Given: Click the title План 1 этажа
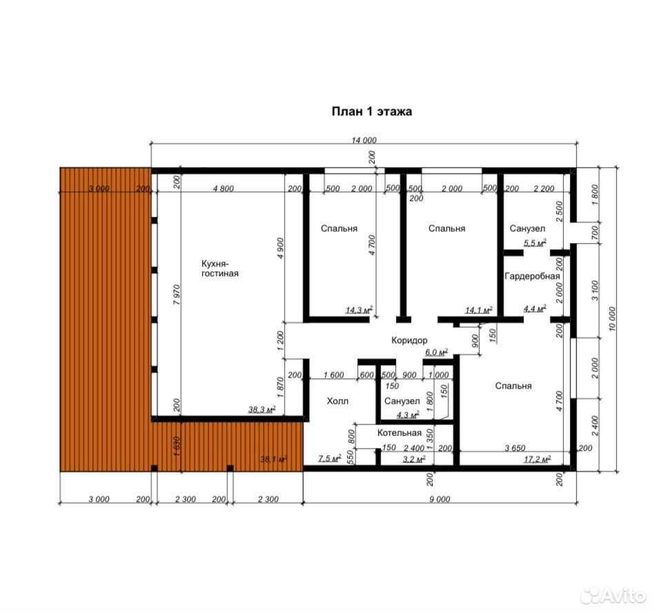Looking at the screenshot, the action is coord(372,111).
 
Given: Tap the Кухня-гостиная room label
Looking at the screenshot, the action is coord(220,269).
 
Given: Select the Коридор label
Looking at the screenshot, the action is coord(409,340).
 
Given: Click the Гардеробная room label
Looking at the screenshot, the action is coord(532,276).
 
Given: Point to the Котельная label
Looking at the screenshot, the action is coord(399,433).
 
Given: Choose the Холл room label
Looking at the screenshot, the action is coord(337,401).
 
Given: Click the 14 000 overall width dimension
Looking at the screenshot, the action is coord(364,140).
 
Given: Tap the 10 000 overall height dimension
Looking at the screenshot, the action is coord(612,319).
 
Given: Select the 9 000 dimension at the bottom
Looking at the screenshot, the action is coord(439,499).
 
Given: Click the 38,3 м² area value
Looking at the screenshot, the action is coord(262,409).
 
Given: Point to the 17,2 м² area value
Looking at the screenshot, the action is coord(537,459).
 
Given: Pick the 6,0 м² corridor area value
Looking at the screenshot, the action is coord(436,352).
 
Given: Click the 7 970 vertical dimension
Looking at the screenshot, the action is coord(177,295).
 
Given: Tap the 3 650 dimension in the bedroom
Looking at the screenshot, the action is coord(515,448).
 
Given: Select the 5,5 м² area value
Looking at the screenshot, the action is coord(535,243).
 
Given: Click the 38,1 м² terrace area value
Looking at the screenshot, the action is coord(274,459).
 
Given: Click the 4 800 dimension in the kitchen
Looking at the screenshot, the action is coord(223,188).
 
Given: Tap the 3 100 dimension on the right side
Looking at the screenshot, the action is coord(595,291).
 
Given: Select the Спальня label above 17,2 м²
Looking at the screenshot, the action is coord(513,386).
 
